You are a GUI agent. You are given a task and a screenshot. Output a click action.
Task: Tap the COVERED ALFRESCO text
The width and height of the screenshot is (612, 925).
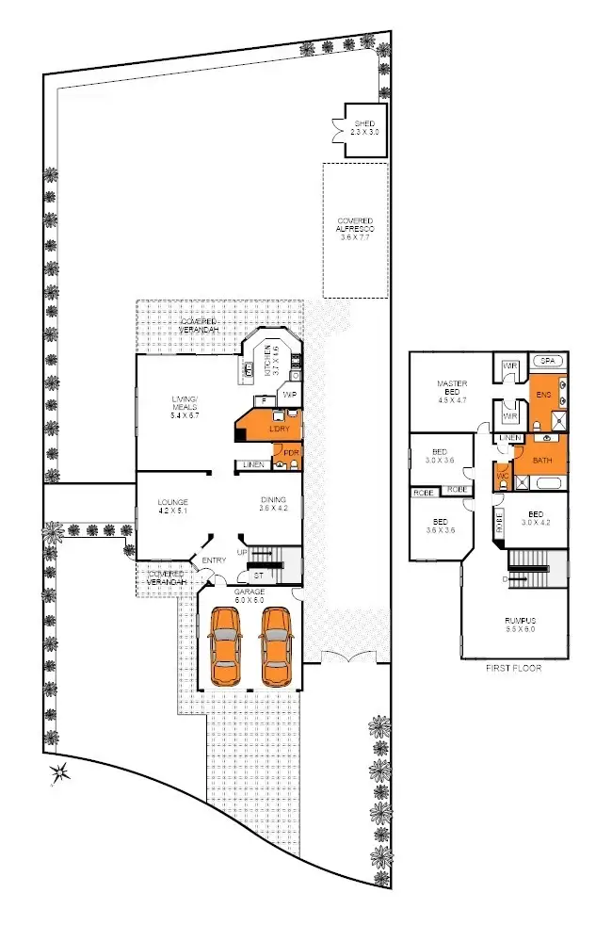pyautogui.click(x=355, y=229)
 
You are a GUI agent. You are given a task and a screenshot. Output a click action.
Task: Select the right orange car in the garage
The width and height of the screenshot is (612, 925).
pyautogui.click(x=276, y=645)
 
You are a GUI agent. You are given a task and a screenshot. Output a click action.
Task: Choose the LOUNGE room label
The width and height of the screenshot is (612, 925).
pyautogui.click(x=173, y=506)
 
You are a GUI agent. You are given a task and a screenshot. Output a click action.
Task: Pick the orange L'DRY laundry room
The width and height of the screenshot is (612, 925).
pyautogui.click(x=277, y=430)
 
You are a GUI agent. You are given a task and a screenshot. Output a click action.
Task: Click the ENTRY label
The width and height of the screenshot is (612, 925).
pyautogui.click(x=214, y=561)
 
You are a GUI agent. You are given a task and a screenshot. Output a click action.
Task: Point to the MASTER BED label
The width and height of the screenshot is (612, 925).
pyautogui.click(x=452, y=389)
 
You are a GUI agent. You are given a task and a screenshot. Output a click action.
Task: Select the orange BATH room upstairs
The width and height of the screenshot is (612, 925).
pyautogui.click(x=540, y=460)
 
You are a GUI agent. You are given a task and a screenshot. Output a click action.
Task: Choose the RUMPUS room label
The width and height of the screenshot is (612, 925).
pyautogui.click(x=514, y=625)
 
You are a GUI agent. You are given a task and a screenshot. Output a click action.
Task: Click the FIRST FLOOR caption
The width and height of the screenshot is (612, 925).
pyautogui.click(x=514, y=667)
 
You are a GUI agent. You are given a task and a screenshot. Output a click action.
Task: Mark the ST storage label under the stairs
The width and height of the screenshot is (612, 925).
pyautogui.click(x=257, y=574)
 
